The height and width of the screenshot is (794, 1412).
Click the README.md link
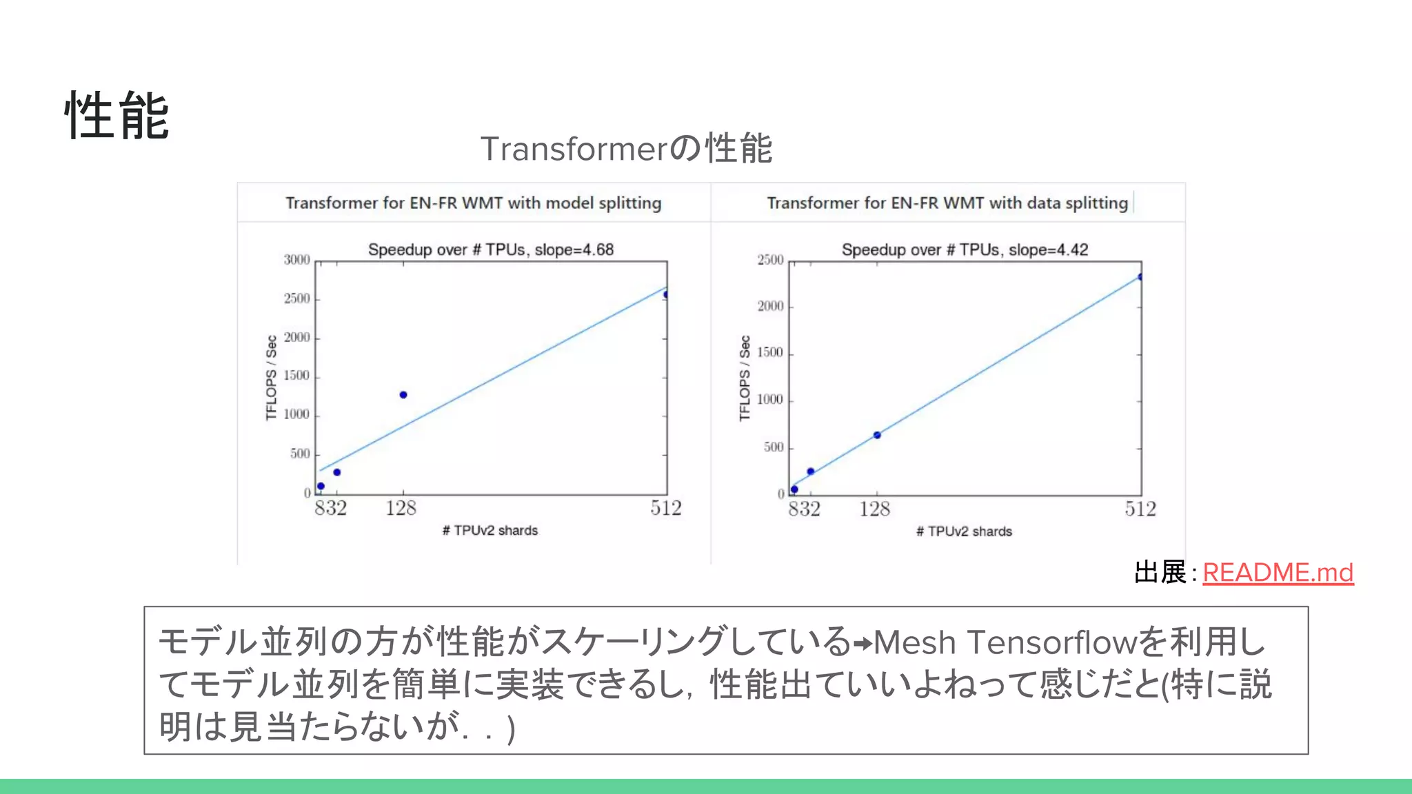1278,573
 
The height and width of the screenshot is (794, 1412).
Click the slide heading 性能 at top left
117,116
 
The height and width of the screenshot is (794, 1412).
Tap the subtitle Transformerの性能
626,148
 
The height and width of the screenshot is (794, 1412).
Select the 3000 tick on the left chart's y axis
296,260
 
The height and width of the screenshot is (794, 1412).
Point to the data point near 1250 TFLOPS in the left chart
403,395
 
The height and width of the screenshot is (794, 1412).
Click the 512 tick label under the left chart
665,509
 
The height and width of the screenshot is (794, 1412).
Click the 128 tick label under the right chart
874,509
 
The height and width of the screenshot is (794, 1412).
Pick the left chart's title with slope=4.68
490,250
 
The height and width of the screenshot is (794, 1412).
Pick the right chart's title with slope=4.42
965,250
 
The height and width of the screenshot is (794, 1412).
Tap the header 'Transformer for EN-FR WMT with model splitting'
473,203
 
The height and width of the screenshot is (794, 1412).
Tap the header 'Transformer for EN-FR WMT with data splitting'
947,203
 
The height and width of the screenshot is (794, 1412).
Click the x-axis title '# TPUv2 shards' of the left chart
490,531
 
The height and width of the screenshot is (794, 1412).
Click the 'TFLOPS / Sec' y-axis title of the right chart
745,378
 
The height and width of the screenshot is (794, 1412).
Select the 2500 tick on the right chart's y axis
770,260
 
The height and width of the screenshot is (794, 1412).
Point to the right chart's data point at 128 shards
877,435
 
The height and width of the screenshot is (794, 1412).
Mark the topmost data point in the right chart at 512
1140,277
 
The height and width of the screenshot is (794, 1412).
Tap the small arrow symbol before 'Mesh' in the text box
863,644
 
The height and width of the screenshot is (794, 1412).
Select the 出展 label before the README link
1160,573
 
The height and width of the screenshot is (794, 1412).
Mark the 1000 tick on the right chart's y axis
770,400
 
